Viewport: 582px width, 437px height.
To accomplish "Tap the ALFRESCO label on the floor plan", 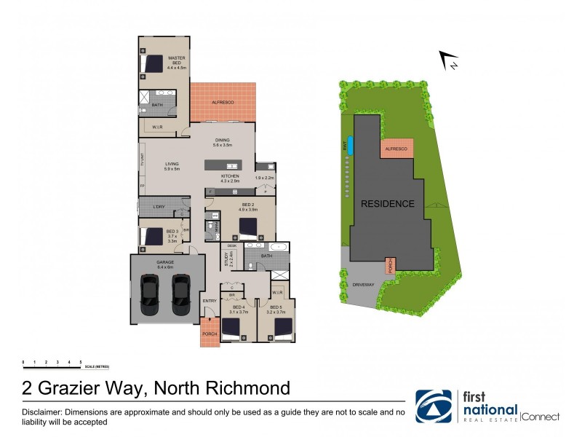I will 223,103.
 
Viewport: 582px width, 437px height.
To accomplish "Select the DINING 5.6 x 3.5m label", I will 222,143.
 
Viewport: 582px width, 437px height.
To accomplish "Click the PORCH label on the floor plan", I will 210,334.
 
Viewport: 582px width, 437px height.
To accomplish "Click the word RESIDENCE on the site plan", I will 388,204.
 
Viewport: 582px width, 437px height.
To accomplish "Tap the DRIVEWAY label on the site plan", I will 363,285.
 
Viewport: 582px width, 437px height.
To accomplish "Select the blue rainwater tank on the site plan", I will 351,145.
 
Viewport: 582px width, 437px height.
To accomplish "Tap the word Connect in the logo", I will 541,417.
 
